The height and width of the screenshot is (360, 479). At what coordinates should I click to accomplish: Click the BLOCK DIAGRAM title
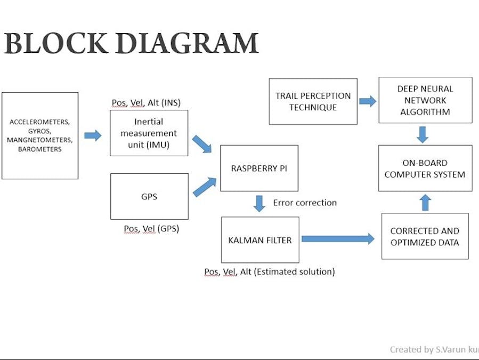click(131, 44)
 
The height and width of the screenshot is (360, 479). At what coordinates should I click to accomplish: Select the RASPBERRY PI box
click(259, 168)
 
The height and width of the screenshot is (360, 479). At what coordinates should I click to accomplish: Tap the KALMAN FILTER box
click(260, 240)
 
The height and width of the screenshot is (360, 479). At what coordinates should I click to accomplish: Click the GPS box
click(149, 196)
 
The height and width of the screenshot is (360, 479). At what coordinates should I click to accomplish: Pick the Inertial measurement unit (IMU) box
click(149, 133)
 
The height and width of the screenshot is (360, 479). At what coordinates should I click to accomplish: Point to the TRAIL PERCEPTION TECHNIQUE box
click(313, 101)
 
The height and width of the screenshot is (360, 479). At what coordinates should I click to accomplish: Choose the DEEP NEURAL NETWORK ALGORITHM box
click(425, 100)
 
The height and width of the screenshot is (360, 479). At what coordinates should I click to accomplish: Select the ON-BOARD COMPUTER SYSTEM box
click(425, 169)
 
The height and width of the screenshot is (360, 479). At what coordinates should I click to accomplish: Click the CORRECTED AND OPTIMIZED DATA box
click(425, 236)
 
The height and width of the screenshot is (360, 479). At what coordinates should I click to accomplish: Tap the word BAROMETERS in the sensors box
click(40, 149)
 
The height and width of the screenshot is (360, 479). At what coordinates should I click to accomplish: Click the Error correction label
click(305, 203)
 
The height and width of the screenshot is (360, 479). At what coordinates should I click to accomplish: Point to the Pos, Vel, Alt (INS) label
click(150, 102)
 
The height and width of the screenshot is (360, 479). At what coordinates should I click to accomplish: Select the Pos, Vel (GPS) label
click(151, 229)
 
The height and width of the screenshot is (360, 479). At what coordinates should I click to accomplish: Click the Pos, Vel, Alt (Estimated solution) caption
click(270, 271)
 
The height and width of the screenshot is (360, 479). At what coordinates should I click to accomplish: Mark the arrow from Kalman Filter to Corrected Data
click(338, 239)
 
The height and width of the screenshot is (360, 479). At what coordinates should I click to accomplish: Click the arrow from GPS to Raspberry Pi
click(205, 187)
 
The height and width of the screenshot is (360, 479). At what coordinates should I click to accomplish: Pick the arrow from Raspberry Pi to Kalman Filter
click(259, 203)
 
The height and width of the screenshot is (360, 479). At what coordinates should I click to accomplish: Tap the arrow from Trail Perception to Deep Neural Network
click(368, 101)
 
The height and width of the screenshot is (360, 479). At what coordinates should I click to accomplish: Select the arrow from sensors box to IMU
click(93, 135)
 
